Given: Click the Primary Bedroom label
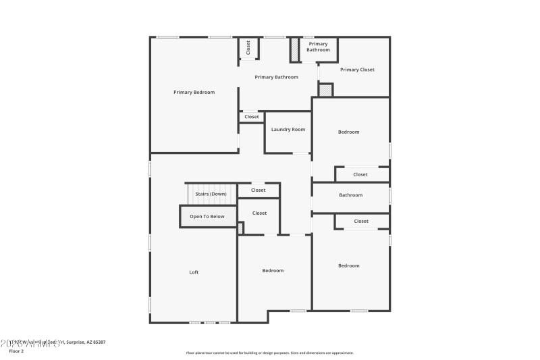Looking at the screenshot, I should pyautogui.click(x=194, y=92).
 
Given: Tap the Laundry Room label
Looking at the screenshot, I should pyautogui.click(x=288, y=129).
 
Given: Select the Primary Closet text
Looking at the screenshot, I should pyautogui.click(x=357, y=70).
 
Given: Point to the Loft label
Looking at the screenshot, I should pyautogui.click(x=194, y=272).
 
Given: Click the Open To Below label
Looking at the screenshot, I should pyautogui.click(x=207, y=216).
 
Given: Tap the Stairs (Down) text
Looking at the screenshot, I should pyautogui.click(x=211, y=194).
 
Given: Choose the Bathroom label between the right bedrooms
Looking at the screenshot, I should pyautogui.click(x=350, y=195).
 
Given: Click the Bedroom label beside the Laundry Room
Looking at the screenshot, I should pyautogui.click(x=348, y=132).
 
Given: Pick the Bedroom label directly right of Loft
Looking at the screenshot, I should pyautogui.click(x=273, y=270).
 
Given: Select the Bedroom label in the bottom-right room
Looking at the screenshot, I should pyautogui.click(x=348, y=265).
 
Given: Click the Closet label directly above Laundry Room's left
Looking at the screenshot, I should pyautogui.click(x=252, y=117).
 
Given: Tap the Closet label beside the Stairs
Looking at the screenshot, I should pyautogui.click(x=259, y=190).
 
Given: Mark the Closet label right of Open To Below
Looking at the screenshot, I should pyautogui.click(x=259, y=213).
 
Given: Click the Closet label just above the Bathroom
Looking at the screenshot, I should pyautogui.click(x=360, y=174).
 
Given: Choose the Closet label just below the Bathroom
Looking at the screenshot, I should pyautogui.click(x=361, y=221).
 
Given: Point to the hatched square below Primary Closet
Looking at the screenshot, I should pyautogui.click(x=326, y=90).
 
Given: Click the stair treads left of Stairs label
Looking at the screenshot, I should pyautogui.click(x=192, y=194).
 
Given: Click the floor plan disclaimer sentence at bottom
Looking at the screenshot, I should pyautogui.click(x=269, y=353).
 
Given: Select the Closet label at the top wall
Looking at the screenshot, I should pyautogui.click(x=248, y=47).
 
